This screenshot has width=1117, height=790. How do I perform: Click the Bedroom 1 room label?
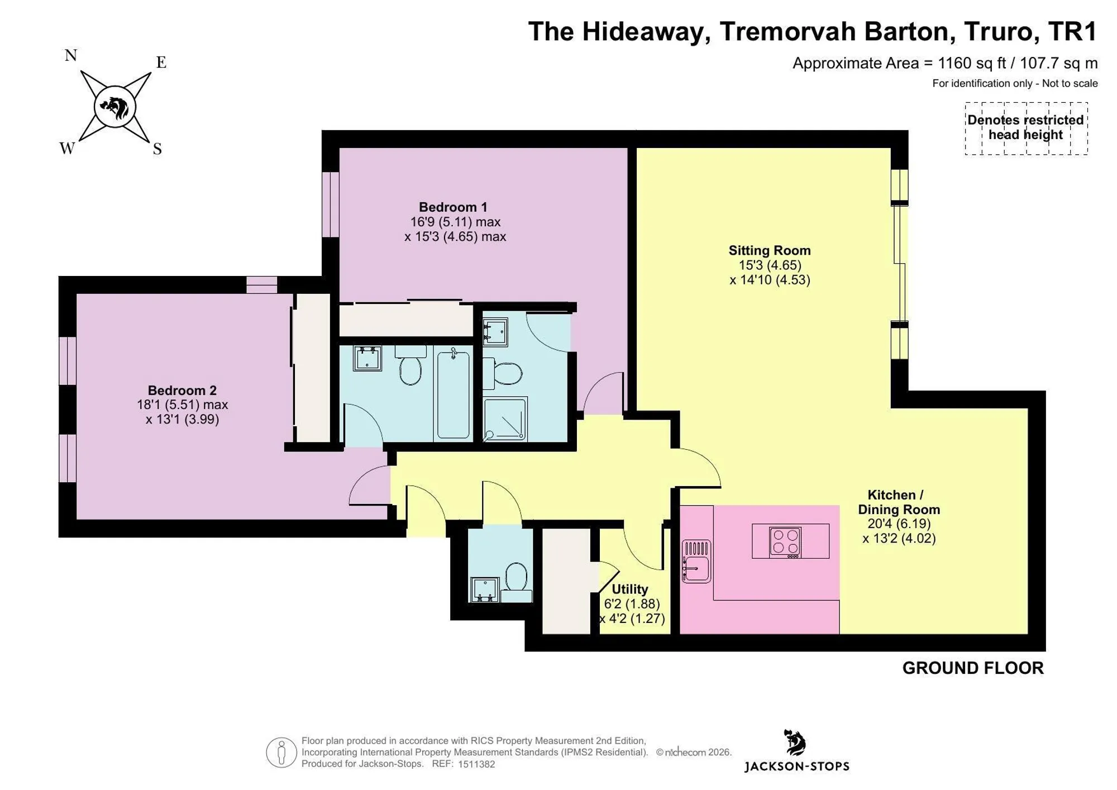453,207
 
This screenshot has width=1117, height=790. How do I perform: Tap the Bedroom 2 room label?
182,390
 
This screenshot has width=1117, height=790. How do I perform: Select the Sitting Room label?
770,250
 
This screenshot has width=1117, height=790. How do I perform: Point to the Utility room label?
630,589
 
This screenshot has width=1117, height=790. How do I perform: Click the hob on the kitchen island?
785,542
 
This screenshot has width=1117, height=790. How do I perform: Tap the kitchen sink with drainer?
696,561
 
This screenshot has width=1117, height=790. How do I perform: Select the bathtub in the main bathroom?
454,392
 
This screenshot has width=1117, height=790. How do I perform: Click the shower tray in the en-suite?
505,419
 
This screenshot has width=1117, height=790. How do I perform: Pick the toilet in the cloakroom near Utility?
516,581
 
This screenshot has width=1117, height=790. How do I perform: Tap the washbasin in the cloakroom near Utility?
484,589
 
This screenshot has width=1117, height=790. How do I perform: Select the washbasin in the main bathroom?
367,358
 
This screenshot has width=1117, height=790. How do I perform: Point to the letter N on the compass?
71,55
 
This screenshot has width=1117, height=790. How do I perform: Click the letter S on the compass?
157,149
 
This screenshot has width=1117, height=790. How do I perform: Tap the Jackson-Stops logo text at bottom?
797,767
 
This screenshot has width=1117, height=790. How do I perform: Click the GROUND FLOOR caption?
973,668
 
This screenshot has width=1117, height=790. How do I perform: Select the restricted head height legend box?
1026,128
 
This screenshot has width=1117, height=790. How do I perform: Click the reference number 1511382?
476,764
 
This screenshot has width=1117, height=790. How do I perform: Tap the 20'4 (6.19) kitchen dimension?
899,524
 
